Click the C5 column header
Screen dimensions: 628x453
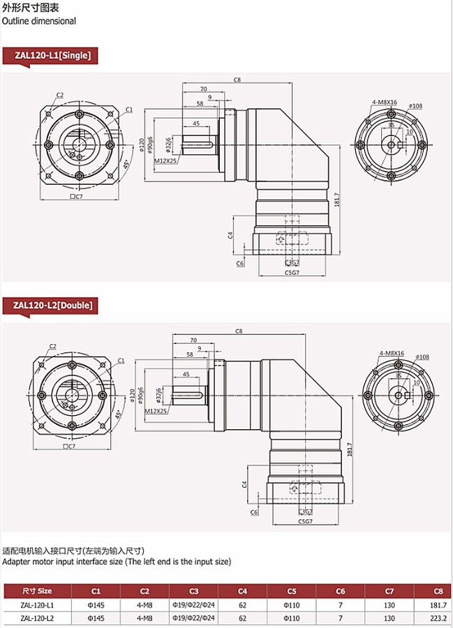(292, 590)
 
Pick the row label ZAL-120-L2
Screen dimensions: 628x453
(37, 618)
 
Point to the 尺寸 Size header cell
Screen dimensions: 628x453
(37, 590)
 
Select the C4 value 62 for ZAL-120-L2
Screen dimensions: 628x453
(242, 618)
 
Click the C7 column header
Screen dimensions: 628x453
(389, 590)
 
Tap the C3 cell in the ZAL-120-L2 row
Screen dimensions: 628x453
(194, 618)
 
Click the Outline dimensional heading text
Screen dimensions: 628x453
(39, 21)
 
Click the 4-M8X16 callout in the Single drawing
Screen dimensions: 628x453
(384, 102)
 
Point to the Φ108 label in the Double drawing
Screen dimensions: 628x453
(422, 357)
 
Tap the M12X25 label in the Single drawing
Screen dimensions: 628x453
(165, 160)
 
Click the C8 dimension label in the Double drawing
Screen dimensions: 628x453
(239, 331)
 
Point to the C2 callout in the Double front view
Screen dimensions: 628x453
(52, 347)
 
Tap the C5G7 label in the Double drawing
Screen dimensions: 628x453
(304, 521)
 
